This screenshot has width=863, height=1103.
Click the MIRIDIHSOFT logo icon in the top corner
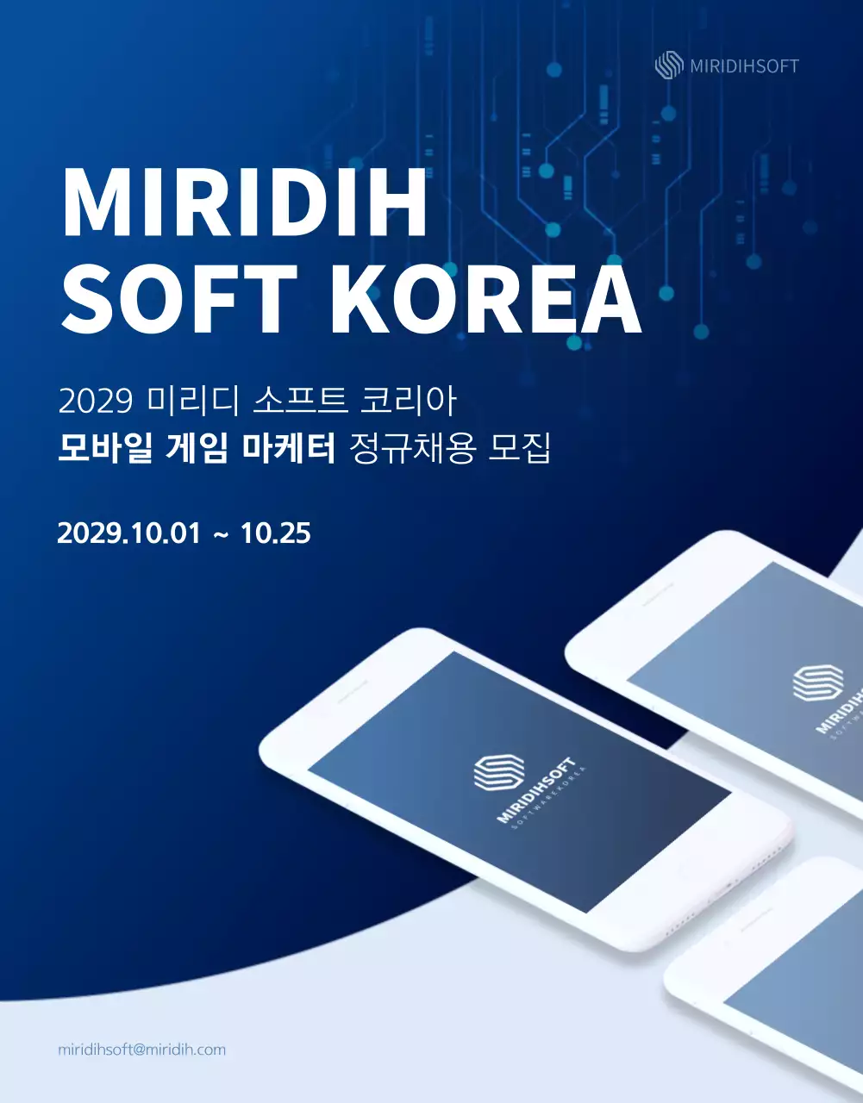(x=669, y=65)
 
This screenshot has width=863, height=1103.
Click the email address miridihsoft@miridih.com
(x=141, y=1050)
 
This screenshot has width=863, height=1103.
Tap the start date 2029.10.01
(x=128, y=533)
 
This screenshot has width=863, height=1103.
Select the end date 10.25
(x=276, y=533)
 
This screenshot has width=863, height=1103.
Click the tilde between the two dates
(x=221, y=535)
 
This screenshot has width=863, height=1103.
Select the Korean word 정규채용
(x=413, y=449)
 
